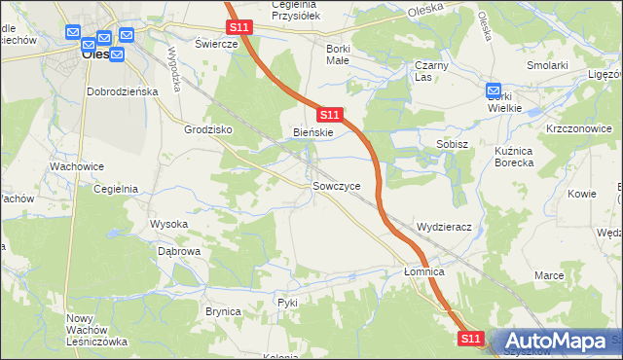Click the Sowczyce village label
pyautogui.click(x=337, y=185)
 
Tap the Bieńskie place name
pyautogui.click(x=313, y=132)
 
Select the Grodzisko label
pyautogui.click(x=207, y=128)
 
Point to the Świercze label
pyautogui.click(x=216, y=45)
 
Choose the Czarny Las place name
pyautogui.click(x=430, y=71)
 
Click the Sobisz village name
pyautogui.click(x=454, y=144)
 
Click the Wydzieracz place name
pyautogui.click(x=444, y=227)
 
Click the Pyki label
pyautogui.click(x=287, y=303)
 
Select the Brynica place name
pyautogui.click(x=223, y=311)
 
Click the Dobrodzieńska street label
pyautogui.click(x=122, y=91)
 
